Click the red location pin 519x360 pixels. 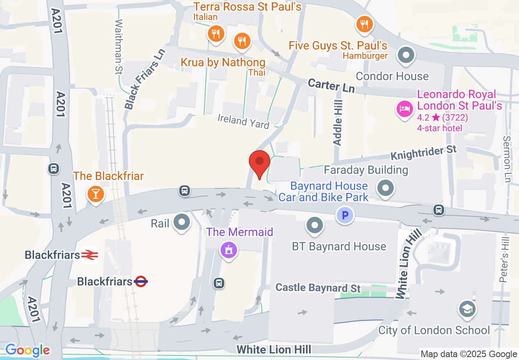click(x=259, y=162)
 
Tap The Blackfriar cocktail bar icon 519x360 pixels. click(x=95, y=193)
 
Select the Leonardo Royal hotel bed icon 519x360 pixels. click(x=404, y=108)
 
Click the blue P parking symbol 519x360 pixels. click(x=345, y=215)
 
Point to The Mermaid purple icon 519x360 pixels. click(x=228, y=249)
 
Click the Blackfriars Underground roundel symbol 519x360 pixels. click(x=141, y=281)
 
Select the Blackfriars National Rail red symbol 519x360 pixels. click(x=89, y=255)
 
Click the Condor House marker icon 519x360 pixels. click(x=406, y=55)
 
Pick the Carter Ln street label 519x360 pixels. click(x=331, y=85)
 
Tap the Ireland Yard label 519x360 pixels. click(x=243, y=122)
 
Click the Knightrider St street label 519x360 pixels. click(x=423, y=153)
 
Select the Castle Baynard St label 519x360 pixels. click(x=318, y=288)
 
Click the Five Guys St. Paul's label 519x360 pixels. click(x=338, y=45)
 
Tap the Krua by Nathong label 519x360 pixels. click(x=223, y=63)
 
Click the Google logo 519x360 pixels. click(x=27, y=350)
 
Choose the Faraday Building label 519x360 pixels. click(x=366, y=169)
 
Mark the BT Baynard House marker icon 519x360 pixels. click(x=315, y=225)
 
